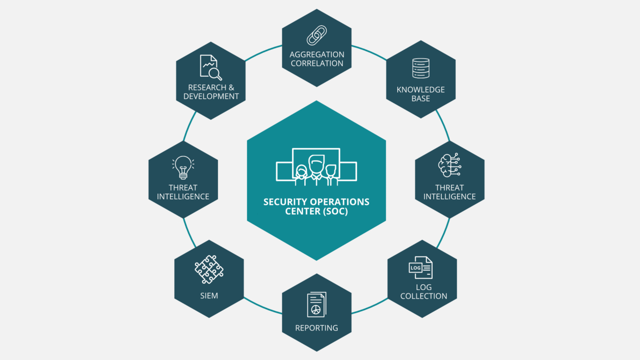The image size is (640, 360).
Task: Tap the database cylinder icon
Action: [420, 68]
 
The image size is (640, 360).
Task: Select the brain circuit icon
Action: [449, 165]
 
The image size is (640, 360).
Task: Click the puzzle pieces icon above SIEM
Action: [209, 269]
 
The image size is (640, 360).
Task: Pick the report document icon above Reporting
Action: [317, 305]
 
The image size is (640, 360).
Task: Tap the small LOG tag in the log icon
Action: [415, 268]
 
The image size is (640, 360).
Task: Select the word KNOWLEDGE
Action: [420, 90]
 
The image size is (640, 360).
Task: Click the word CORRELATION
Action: [317, 63]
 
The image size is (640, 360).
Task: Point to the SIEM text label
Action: [209, 296]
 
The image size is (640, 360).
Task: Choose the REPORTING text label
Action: [317, 328]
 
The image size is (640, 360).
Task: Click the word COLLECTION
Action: [423, 296]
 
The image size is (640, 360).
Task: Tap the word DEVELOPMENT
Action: [211, 97]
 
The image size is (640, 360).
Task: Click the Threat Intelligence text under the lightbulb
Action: [183, 192]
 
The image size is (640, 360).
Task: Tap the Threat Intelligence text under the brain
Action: [449, 192]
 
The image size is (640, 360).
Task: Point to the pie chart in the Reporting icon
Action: [316, 309]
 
